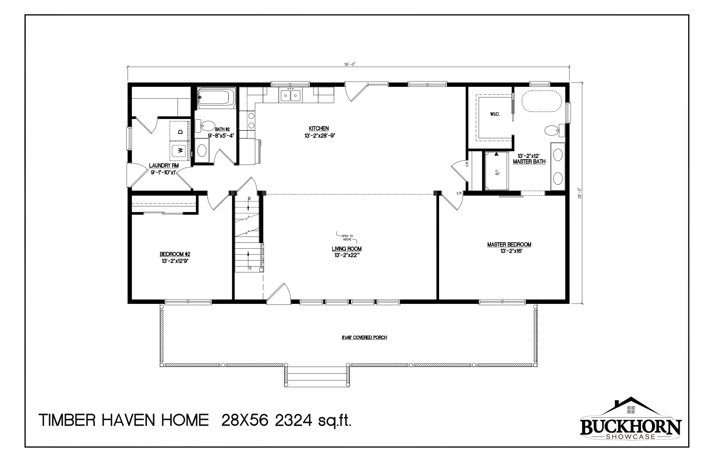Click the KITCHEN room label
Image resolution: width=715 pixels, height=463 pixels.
pyautogui.click(x=319, y=129)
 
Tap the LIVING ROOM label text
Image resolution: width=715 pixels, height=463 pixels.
pyautogui.click(x=346, y=249)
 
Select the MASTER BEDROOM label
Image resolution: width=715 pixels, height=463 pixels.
pyautogui.click(x=509, y=245)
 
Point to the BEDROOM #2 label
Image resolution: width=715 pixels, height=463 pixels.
pyautogui.click(x=175, y=254)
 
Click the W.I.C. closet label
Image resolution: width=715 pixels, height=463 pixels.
pyautogui.click(x=495, y=114)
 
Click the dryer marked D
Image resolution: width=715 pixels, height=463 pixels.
pyautogui.click(x=180, y=131)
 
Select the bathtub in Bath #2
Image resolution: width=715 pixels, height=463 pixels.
pyautogui.click(x=216, y=98)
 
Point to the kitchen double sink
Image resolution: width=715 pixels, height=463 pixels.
pyautogui.click(x=290, y=96)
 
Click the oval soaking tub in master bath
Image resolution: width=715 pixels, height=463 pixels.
pyautogui.click(x=542, y=101)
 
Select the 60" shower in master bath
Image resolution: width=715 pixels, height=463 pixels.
pyautogui.click(x=496, y=171)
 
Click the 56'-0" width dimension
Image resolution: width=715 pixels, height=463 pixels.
pyautogui.click(x=349, y=64)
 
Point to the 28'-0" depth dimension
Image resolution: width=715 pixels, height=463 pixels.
pyautogui.click(x=580, y=193)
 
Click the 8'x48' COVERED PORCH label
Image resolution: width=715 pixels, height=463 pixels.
pyautogui.click(x=364, y=338)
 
